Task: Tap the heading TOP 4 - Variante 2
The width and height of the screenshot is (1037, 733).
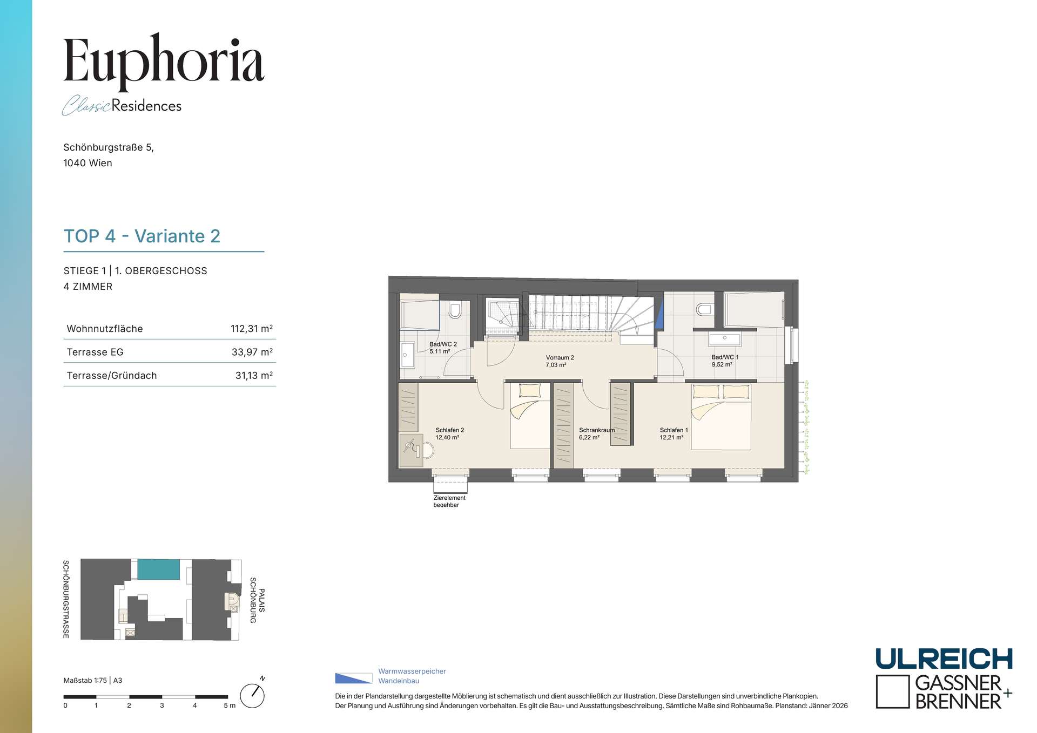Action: click(x=142, y=236)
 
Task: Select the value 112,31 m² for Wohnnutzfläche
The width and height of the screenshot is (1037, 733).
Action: click(x=252, y=329)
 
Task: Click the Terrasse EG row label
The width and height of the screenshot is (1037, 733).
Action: click(x=95, y=352)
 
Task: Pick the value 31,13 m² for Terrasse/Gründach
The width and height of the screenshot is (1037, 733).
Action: click(x=254, y=376)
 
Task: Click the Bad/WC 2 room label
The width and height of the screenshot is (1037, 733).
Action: click(x=443, y=348)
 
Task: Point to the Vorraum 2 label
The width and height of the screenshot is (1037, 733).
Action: click(x=560, y=361)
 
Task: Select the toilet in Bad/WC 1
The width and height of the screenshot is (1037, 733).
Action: click(x=704, y=309)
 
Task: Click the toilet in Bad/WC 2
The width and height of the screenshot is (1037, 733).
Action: click(x=455, y=310)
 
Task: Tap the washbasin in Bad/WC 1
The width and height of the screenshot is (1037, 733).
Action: click(x=725, y=339)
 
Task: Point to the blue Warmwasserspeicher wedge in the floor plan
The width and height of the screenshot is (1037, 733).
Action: click(x=659, y=314)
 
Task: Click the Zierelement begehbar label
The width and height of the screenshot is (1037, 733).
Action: click(x=449, y=501)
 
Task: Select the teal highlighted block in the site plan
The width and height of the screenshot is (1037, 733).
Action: click(x=158, y=569)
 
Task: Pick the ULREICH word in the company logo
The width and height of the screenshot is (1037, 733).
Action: click(x=944, y=659)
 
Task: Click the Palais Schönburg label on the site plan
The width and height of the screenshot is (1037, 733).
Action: click(x=257, y=600)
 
